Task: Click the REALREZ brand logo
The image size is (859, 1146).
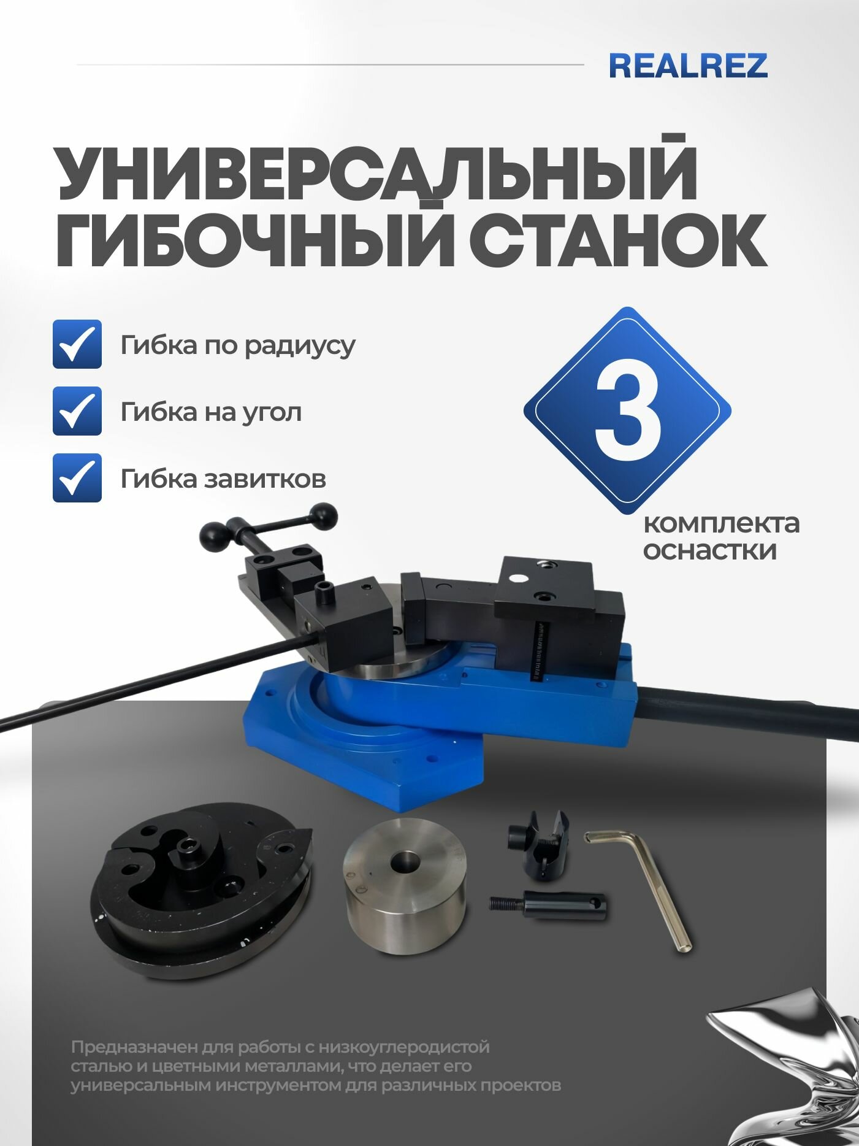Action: [688, 66]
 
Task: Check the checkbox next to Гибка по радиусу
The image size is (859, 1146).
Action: [77, 344]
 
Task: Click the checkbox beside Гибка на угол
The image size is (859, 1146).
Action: [77, 411]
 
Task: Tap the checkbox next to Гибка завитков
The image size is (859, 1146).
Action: [77, 478]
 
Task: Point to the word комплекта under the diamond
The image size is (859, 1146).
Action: [721, 523]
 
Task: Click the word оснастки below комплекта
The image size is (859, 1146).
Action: [709, 550]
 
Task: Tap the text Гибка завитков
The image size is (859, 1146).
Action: [223, 479]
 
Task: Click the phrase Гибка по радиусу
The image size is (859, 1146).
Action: [237, 345]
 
